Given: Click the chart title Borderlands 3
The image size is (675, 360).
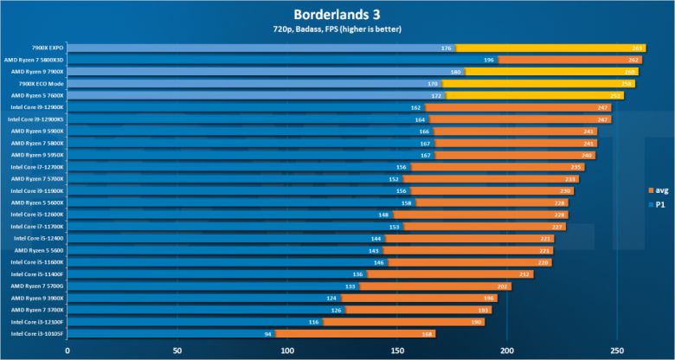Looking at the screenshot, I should (x=337, y=14).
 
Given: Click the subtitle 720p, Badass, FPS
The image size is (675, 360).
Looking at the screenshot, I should (x=337, y=31).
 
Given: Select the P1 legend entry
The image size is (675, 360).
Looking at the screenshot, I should (x=659, y=205).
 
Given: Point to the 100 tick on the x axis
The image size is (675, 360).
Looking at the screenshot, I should (x=287, y=351).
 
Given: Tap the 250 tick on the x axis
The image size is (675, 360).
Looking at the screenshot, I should (x=616, y=351).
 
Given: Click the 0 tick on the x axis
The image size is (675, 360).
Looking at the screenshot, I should (x=67, y=351).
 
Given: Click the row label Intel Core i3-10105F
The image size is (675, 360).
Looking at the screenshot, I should (x=37, y=333).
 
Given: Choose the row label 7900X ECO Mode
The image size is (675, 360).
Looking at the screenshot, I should (x=41, y=83).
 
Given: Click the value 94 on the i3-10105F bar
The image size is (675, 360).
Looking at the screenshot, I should (x=268, y=333).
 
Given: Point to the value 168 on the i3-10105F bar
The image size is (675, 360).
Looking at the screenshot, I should (x=427, y=333).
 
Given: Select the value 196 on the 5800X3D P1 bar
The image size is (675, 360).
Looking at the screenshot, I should (x=489, y=60).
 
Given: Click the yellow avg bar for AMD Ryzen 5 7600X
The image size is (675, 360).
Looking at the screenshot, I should (x=542, y=95).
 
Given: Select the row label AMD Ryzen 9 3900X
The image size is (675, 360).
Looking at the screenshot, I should (x=37, y=298).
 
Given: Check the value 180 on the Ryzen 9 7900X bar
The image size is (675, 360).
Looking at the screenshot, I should (x=455, y=72).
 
